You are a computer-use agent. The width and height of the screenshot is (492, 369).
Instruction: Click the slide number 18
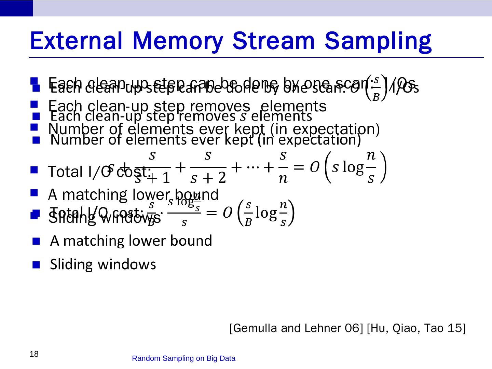coord(34,354)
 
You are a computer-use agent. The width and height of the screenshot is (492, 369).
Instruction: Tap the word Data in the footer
coord(228,358)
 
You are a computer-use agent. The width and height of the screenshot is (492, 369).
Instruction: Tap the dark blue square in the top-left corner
coord(16,8)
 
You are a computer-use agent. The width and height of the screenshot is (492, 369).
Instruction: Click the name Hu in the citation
coord(379,328)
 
